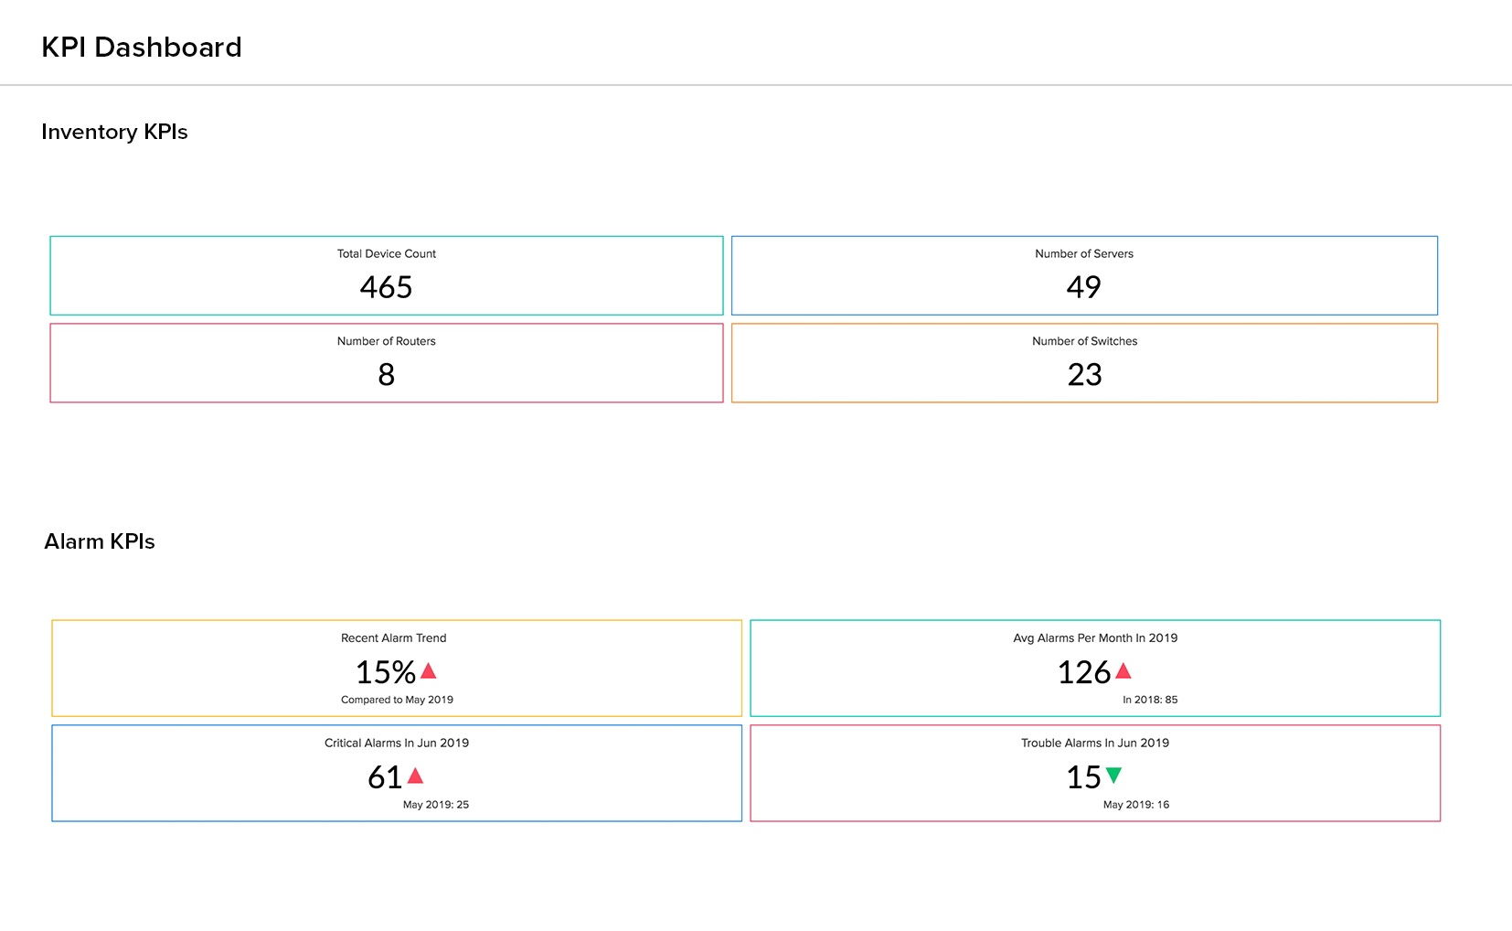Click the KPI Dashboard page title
[142, 48]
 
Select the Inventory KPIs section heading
[114, 132]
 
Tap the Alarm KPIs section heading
[100, 541]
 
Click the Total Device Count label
[387, 254]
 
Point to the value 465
[387, 287]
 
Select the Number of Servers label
[1084, 254]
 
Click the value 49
[1084, 287]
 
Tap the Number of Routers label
[387, 341]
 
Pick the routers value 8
[387, 374]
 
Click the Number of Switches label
[1085, 341]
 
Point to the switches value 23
[1085, 374]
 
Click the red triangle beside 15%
[428, 671]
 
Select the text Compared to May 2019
[397, 700]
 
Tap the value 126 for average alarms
[1084, 672]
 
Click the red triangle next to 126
[1123, 671]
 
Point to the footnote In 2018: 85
[1150, 700]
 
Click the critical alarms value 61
[385, 777]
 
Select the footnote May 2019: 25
[436, 805]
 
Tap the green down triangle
[1113, 776]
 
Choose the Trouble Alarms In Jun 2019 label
[1095, 743]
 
